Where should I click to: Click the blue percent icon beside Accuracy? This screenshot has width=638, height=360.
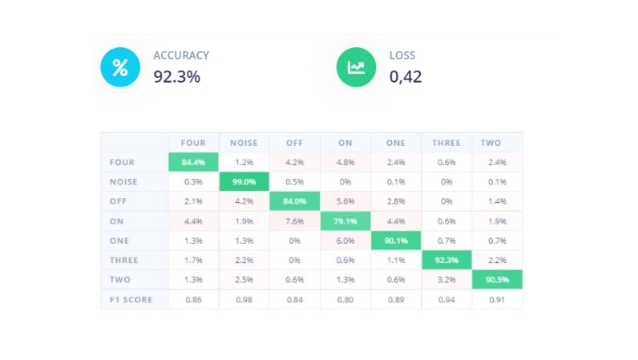pos(120,67)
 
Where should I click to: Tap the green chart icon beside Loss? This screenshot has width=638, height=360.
pos(356,67)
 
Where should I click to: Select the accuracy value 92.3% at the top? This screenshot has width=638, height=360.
pos(177,78)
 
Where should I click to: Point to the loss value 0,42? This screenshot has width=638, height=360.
pos(406,78)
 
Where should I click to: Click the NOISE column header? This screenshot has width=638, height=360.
pos(244,143)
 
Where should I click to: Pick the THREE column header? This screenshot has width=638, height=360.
pos(446,143)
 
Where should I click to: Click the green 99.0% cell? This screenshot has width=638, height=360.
pos(244,182)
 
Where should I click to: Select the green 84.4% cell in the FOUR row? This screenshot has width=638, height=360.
pos(193,163)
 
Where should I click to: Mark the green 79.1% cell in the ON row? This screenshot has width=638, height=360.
pos(345,221)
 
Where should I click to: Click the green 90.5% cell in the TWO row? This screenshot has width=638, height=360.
pos(497,280)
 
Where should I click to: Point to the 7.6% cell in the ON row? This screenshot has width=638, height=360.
pos(294,221)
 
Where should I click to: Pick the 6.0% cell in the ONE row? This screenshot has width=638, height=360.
pos(345,241)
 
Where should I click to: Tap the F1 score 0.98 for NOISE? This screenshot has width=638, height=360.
pos(244,300)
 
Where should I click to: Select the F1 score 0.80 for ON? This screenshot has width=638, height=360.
pos(345,300)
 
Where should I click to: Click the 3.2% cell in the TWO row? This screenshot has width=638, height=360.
pos(446,280)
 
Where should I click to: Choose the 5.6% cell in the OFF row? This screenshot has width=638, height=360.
pos(345,201)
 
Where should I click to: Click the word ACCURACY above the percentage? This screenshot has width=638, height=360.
pos(181,55)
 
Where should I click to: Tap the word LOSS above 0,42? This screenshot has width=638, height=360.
pos(402,55)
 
